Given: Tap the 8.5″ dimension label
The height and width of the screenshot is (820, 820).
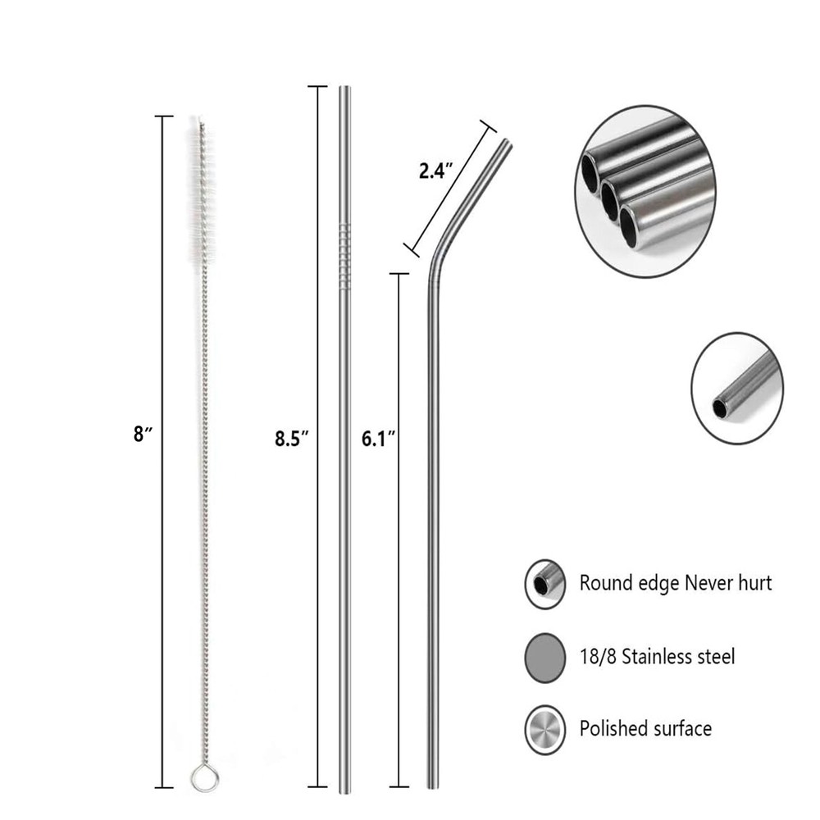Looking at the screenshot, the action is coord(292,438).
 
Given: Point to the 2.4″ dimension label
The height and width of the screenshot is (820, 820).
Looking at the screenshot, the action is coord(435,171).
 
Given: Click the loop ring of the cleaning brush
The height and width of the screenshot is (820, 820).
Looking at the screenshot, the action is coord(204,778).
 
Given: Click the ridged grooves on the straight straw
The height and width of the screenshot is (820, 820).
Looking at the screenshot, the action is coord(344,256).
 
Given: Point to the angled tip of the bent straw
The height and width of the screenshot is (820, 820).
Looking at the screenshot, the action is coord(506,141).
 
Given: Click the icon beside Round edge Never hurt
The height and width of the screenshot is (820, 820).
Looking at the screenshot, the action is coord(545,584).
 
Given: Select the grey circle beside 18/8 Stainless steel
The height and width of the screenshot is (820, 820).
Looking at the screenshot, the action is coord(545,658).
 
